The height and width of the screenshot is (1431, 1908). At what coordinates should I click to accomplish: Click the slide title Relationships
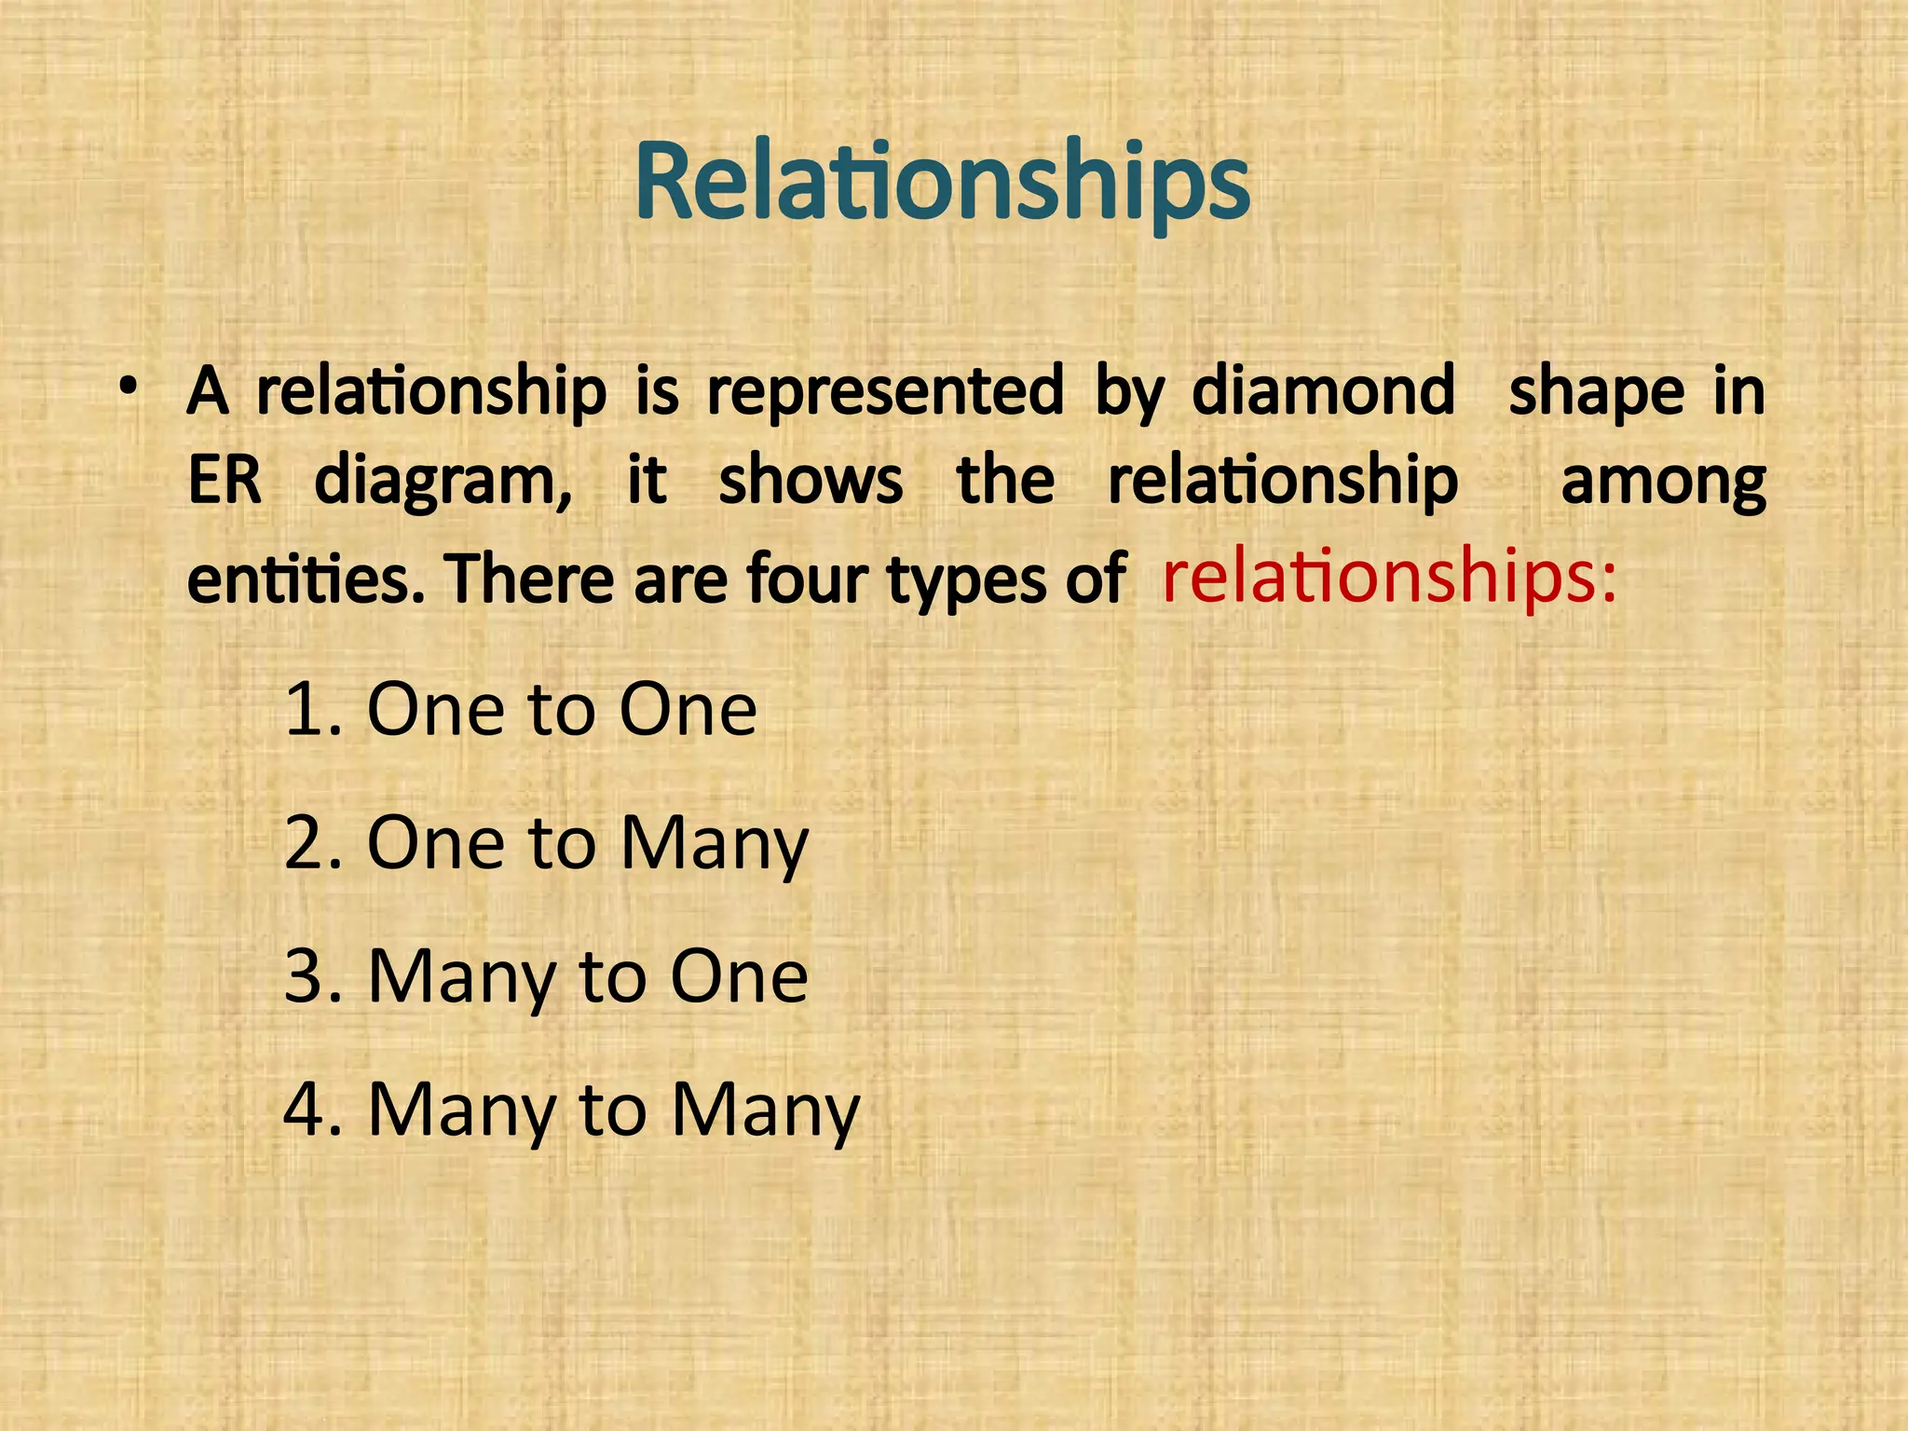pos(942,182)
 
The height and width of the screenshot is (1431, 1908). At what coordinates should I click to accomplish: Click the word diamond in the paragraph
pos(1323,390)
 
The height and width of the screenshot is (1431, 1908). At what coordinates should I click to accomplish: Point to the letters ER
pos(225,481)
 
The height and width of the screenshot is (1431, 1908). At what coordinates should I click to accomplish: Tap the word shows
pos(811,481)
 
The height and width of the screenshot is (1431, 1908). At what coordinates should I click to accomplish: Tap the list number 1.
pos(307,710)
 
